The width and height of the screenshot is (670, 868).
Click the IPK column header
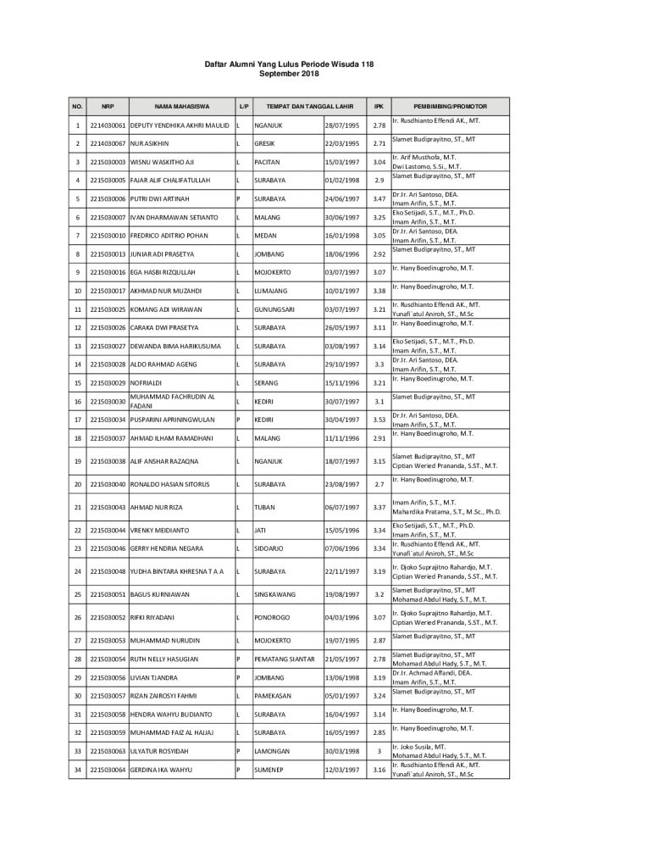(x=379, y=107)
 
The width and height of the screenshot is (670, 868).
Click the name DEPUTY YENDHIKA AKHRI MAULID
(x=180, y=125)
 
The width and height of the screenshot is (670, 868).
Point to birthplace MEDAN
(x=265, y=235)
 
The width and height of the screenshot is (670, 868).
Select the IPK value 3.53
(x=379, y=420)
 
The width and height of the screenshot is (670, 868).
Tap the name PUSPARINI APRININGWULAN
(x=172, y=420)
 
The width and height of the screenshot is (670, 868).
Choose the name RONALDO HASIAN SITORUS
(x=169, y=484)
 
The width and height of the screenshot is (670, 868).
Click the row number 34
(x=77, y=770)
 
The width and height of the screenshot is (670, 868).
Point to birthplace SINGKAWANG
(x=276, y=594)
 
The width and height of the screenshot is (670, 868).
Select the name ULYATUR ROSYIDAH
(x=163, y=751)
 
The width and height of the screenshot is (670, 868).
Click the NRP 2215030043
(x=108, y=508)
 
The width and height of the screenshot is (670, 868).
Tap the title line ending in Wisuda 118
(x=289, y=64)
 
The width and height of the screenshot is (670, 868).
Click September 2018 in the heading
(x=289, y=74)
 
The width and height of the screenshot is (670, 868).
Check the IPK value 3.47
(x=379, y=198)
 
